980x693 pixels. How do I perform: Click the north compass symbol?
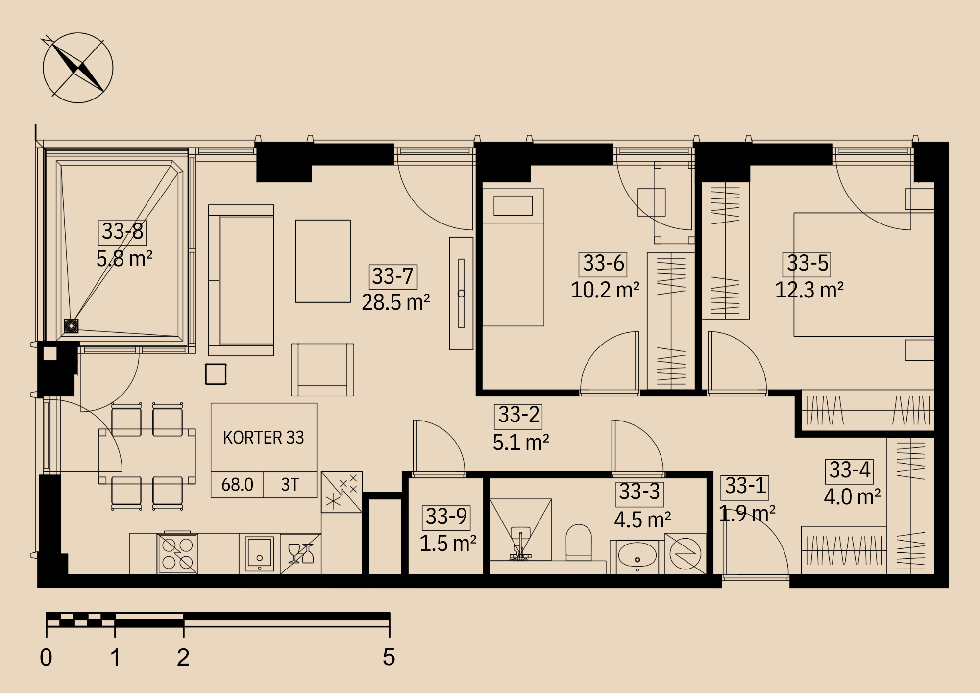pyautogui.click(x=78, y=68)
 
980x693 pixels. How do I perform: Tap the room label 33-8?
pyautogui.click(x=122, y=231)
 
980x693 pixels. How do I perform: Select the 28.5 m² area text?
pyautogui.click(x=396, y=302)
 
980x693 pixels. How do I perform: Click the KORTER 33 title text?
pyautogui.click(x=264, y=437)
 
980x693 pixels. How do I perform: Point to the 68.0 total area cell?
pyautogui.click(x=237, y=485)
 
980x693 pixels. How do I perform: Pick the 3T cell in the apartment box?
pyautogui.click(x=290, y=485)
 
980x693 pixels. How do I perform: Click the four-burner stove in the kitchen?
pyautogui.click(x=177, y=554)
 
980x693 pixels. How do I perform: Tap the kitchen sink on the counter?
pyautogui.click(x=260, y=554)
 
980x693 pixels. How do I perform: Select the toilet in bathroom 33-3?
pyautogui.click(x=579, y=543)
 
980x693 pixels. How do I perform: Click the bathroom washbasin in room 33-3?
pyautogui.click(x=637, y=555)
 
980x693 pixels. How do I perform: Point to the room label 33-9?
pyautogui.click(x=446, y=517)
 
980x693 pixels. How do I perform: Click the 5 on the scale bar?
pyautogui.click(x=389, y=657)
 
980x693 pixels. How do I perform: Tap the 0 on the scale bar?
pyautogui.click(x=46, y=657)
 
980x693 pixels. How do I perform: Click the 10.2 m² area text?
pyautogui.click(x=605, y=290)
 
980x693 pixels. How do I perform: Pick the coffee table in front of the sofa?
pyautogui.click(x=323, y=261)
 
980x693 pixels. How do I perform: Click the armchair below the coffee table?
pyautogui.click(x=322, y=370)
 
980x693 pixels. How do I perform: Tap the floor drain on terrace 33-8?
pyautogui.click(x=72, y=326)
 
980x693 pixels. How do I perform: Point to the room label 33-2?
pyautogui.click(x=518, y=416)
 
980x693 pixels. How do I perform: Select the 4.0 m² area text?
pyautogui.click(x=852, y=497)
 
